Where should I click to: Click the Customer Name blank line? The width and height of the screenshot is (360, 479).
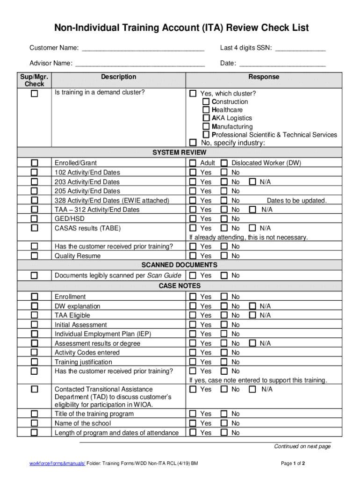[143, 49]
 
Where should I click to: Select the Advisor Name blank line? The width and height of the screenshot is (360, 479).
[140, 64]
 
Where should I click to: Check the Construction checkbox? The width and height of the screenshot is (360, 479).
[206, 102]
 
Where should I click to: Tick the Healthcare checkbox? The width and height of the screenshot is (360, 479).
[206, 110]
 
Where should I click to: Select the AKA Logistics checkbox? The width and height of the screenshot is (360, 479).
[206, 118]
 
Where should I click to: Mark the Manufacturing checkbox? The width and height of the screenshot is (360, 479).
[206, 127]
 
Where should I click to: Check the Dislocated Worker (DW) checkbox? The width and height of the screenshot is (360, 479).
[224, 163]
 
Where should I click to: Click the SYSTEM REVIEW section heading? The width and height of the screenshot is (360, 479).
[180, 152]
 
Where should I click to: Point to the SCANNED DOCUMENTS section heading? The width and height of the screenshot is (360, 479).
[180, 265]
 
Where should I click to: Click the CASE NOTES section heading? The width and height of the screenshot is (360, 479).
[180, 286]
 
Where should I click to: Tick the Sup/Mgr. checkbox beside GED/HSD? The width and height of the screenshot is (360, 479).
[34, 219]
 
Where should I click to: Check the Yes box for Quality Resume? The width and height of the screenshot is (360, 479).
[193, 256]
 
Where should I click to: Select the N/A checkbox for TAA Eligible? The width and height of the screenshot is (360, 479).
[252, 315]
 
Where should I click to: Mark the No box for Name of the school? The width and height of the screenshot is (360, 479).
[224, 423]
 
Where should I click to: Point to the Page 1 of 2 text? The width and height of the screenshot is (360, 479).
[293, 464]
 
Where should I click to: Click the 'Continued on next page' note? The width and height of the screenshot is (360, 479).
[302, 446]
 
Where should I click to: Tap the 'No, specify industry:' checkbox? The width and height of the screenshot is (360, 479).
[193, 143]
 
